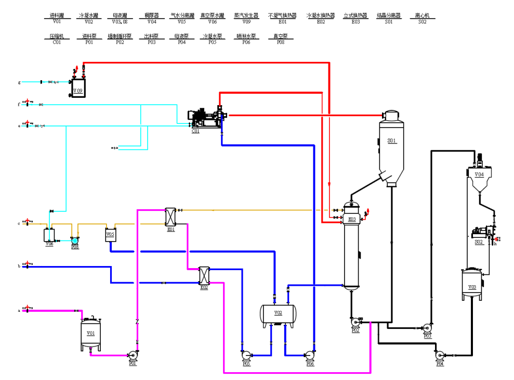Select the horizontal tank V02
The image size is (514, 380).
pyautogui.click(x=278, y=313)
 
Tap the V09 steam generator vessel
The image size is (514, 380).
pyautogui.click(x=78, y=87)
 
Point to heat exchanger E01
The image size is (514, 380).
pyautogui.click(x=170, y=217)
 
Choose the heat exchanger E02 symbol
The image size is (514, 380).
pyautogui.click(x=204, y=275)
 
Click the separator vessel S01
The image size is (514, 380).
pyautogui.click(x=391, y=146)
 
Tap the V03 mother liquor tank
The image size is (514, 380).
pyautogui.click(x=472, y=284)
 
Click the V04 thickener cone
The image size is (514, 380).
pyautogui.click(x=478, y=180)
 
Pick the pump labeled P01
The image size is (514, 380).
pyautogui.click(x=132, y=356)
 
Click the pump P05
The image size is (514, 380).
pyautogui.click(x=246, y=356)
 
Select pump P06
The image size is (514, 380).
pyautogui.click(x=310, y=356)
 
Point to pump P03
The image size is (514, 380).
pyautogui.click(x=427, y=328)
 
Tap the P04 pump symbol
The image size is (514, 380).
pyautogui.click(x=440, y=356)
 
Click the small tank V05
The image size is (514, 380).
pyautogui.click(x=110, y=235)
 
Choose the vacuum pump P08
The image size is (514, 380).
pyautogui.click(x=75, y=240)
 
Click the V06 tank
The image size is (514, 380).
pyautogui.click(x=49, y=235)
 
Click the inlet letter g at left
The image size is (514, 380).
pyautogui.click(x=19, y=82)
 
